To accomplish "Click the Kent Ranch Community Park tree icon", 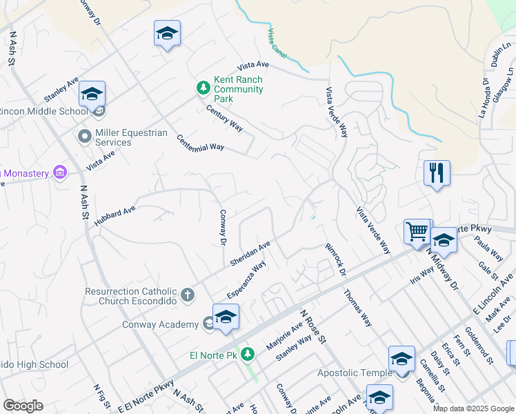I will coord(203,88).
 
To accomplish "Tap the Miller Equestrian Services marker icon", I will coord(85,136).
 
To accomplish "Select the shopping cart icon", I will coord(417,232).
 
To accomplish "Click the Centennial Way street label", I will coord(200,141).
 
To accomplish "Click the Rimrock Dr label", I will coord(335,258).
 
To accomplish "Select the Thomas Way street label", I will coord(357,307).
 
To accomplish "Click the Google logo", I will coord(23,406).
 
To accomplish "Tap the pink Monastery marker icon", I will coord(59,172).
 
